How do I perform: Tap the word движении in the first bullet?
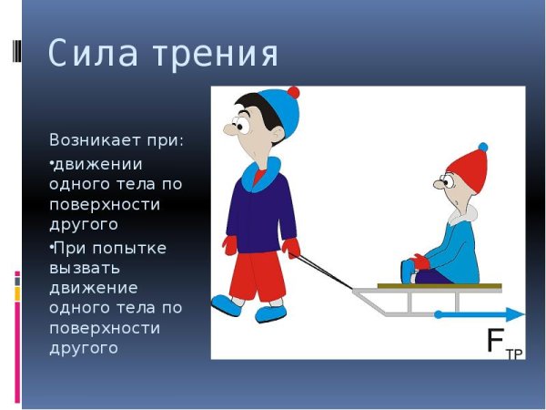point(97,163)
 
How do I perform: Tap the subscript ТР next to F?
point(514,354)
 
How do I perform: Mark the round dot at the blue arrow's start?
point(439,315)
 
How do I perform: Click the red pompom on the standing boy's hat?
point(292,93)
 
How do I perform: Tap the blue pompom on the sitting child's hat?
point(482,147)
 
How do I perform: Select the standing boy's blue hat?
point(277,115)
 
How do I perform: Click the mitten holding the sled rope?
point(292,248)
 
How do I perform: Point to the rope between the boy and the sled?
point(323,272)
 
